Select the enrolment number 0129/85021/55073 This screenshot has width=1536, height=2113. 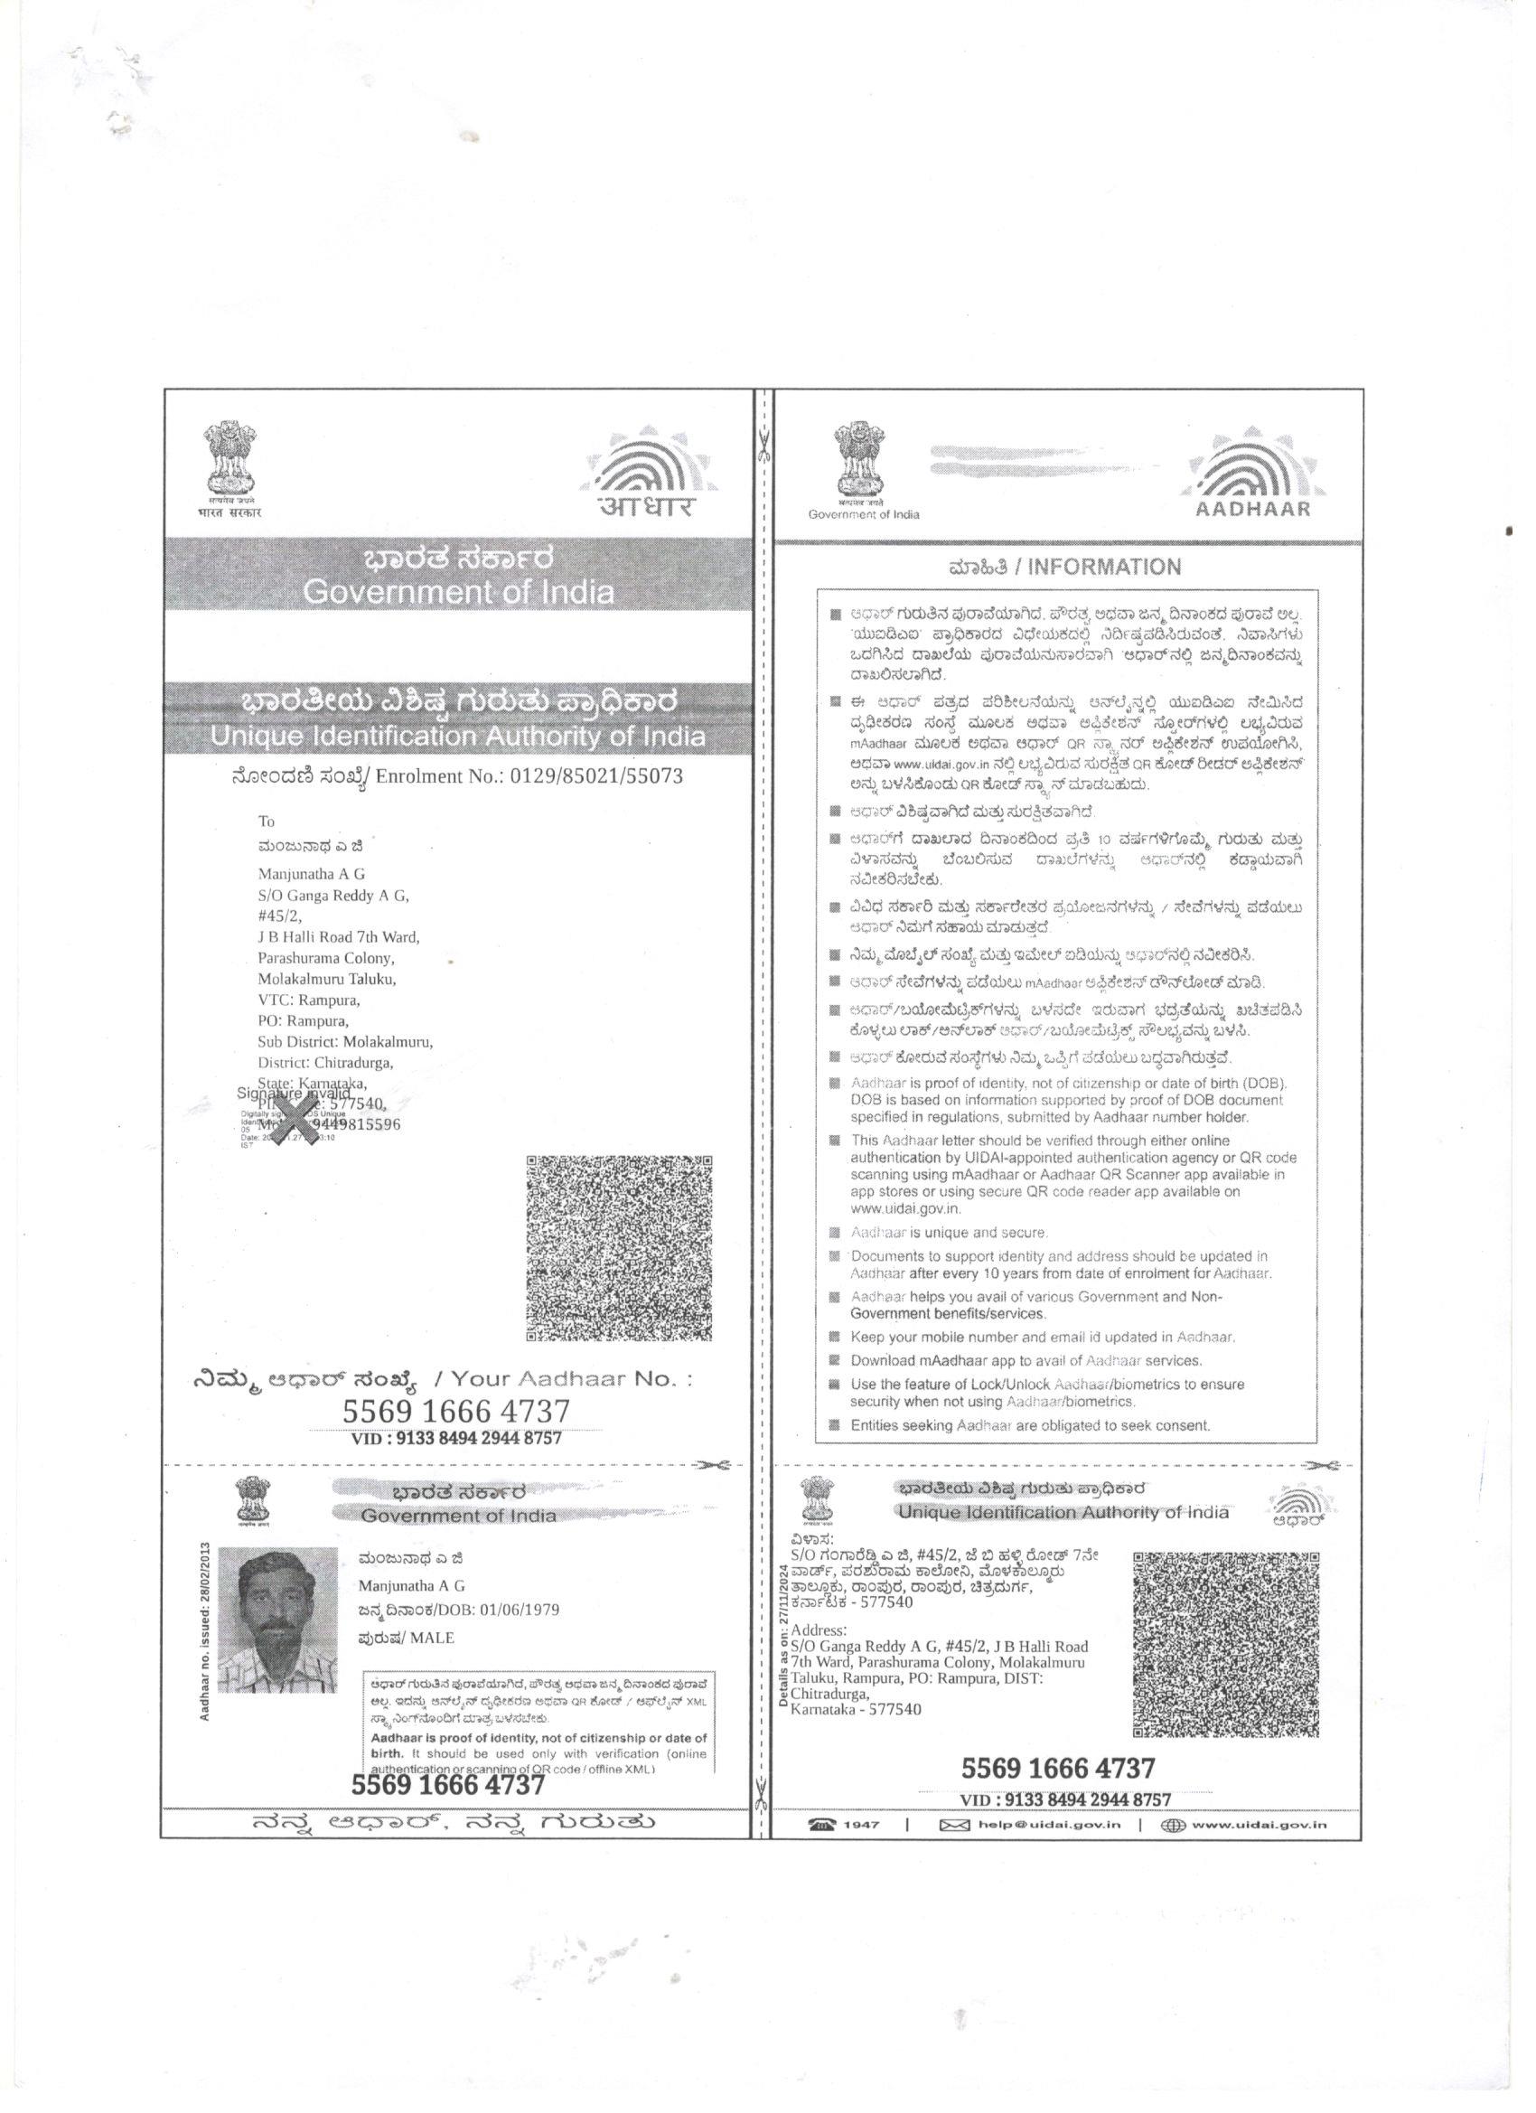point(596,776)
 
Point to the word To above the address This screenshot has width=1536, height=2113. point(267,821)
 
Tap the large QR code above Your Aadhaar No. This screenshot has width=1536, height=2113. point(619,1248)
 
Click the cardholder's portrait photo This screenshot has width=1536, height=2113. point(277,1621)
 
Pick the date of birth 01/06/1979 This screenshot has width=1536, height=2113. point(520,1610)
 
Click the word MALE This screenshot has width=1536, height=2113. point(432,1637)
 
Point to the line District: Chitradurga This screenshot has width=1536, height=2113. point(325,1063)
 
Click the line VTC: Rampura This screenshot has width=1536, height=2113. point(308,1000)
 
